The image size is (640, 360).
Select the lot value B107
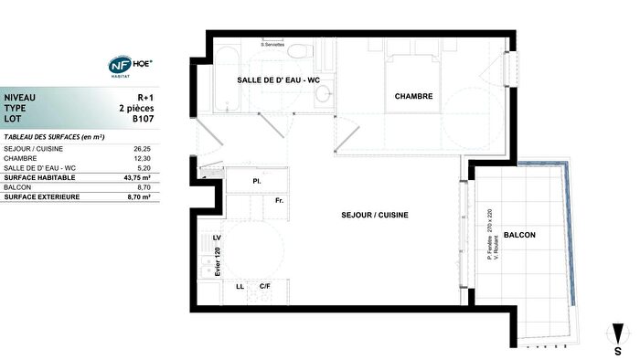[x=143, y=119]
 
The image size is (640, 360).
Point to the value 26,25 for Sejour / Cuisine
[x=142, y=148]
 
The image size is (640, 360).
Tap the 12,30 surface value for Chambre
[x=142, y=158]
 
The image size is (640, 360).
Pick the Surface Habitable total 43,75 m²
[x=138, y=177]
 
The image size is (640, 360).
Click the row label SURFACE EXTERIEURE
[x=42, y=196]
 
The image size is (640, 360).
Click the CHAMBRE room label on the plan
[x=413, y=97]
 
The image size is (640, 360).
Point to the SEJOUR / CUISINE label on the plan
[x=375, y=215]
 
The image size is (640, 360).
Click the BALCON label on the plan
[x=519, y=235]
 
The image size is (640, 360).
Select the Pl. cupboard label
[x=257, y=182]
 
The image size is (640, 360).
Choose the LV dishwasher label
[x=218, y=238]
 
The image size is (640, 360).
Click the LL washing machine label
[x=240, y=287]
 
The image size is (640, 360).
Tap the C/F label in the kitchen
[x=264, y=287]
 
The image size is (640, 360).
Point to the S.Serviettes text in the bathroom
[x=273, y=44]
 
